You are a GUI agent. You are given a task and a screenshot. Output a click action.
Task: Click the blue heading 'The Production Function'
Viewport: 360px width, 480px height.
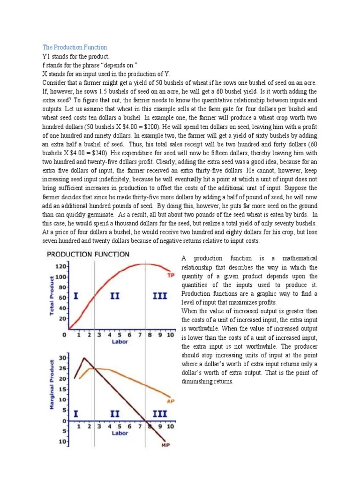(x=75, y=47)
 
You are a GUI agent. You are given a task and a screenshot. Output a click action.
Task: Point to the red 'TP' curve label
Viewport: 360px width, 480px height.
(x=171, y=275)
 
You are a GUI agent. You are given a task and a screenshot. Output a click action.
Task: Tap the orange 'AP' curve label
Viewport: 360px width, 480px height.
(x=171, y=401)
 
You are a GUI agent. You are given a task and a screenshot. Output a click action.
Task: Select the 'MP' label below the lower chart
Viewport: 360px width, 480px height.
(x=165, y=445)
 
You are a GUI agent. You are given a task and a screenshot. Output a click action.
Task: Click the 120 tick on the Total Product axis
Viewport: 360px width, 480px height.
(x=61, y=266)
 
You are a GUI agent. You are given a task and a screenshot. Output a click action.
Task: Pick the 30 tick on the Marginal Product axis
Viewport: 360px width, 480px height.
(x=63, y=358)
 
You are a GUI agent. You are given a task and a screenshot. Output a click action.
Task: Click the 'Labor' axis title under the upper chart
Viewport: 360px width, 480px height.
(x=120, y=342)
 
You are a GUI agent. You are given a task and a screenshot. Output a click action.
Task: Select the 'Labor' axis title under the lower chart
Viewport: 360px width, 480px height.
(x=120, y=433)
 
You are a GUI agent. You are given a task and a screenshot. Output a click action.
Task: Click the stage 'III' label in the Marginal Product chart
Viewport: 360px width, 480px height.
(x=160, y=414)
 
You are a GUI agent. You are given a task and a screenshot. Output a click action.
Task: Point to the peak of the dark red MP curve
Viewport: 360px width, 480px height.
(x=84, y=358)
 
